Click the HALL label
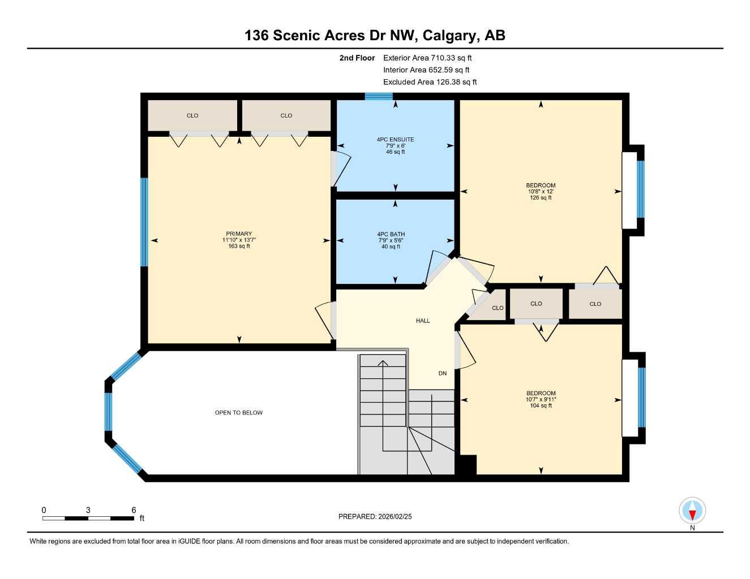click(x=423, y=321)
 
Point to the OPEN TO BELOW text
click(x=238, y=413)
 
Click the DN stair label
click(x=442, y=373)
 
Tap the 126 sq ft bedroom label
click(x=541, y=191)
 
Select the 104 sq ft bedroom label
click(x=541, y=399)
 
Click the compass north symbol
click(x=692, y=511)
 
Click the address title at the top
click(x=375, y=35)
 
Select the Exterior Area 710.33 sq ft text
click(x=427, y=58)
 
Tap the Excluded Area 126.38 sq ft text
click(x=430, y=82)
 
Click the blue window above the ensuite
click(x=379, y=97)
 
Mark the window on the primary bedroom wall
click(x=144, y=222)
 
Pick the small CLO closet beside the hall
click(x=497, y=308)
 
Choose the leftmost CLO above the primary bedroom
click(x=192, y=115)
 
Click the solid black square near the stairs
click(x=466, y=465)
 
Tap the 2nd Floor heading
click(x=357, y=58)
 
